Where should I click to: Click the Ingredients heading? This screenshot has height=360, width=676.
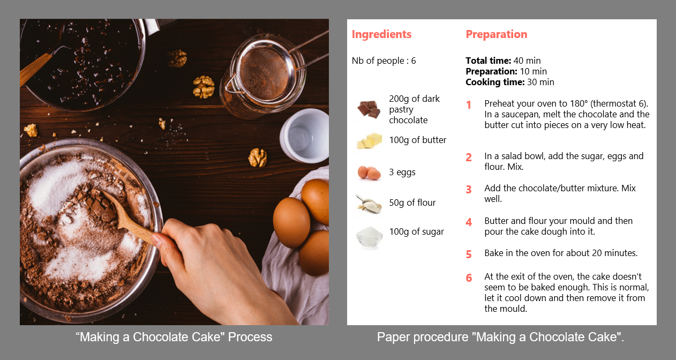tap(381, 34)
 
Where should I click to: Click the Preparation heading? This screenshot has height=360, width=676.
tap(496, 34)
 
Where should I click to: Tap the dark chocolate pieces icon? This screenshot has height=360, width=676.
tap(369, 109)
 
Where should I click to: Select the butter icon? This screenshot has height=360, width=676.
tap(369, 141)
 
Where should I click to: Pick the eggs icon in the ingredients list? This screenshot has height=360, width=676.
tap(369, 172)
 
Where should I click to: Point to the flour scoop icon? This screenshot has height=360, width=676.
tap(369, 204)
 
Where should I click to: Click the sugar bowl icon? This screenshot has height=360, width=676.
tap(369, 236)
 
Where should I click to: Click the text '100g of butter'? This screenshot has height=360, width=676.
tap(417, 140)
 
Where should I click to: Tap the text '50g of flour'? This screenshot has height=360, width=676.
tap(412, 202)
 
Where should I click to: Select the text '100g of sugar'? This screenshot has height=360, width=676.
tap(416, 231)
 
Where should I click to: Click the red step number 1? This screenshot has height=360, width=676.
tap(469, 105)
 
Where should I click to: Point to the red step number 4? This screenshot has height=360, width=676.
tap(469, 222)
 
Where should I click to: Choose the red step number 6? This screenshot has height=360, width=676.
tap(469, 278)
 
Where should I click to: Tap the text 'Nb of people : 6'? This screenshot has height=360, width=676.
tap(384, 61)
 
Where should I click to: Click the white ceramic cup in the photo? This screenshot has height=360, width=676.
tap(304, 135)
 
